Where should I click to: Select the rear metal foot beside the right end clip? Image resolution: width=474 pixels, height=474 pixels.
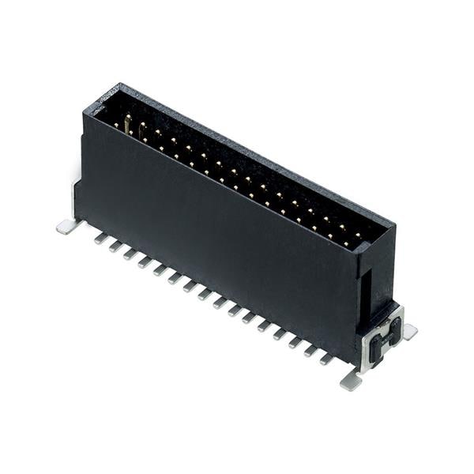(x=409, y=333)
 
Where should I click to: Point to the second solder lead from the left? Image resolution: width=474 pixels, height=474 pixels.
(x=115, y=245)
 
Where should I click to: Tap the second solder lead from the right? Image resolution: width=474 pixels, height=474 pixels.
(x=310, y=351)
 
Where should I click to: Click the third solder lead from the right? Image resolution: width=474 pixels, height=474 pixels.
(x=295, y=342)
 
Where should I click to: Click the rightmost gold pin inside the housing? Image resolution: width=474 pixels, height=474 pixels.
(x=357, y=235)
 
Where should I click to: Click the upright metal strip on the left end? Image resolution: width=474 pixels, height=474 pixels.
(x=77, y=197)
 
